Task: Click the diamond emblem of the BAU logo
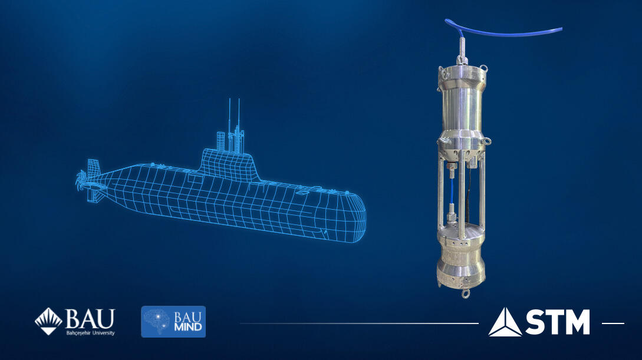point(49,321)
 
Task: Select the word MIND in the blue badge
point(188,327)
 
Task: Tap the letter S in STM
point(536,322)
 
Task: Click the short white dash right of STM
point(613,323)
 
